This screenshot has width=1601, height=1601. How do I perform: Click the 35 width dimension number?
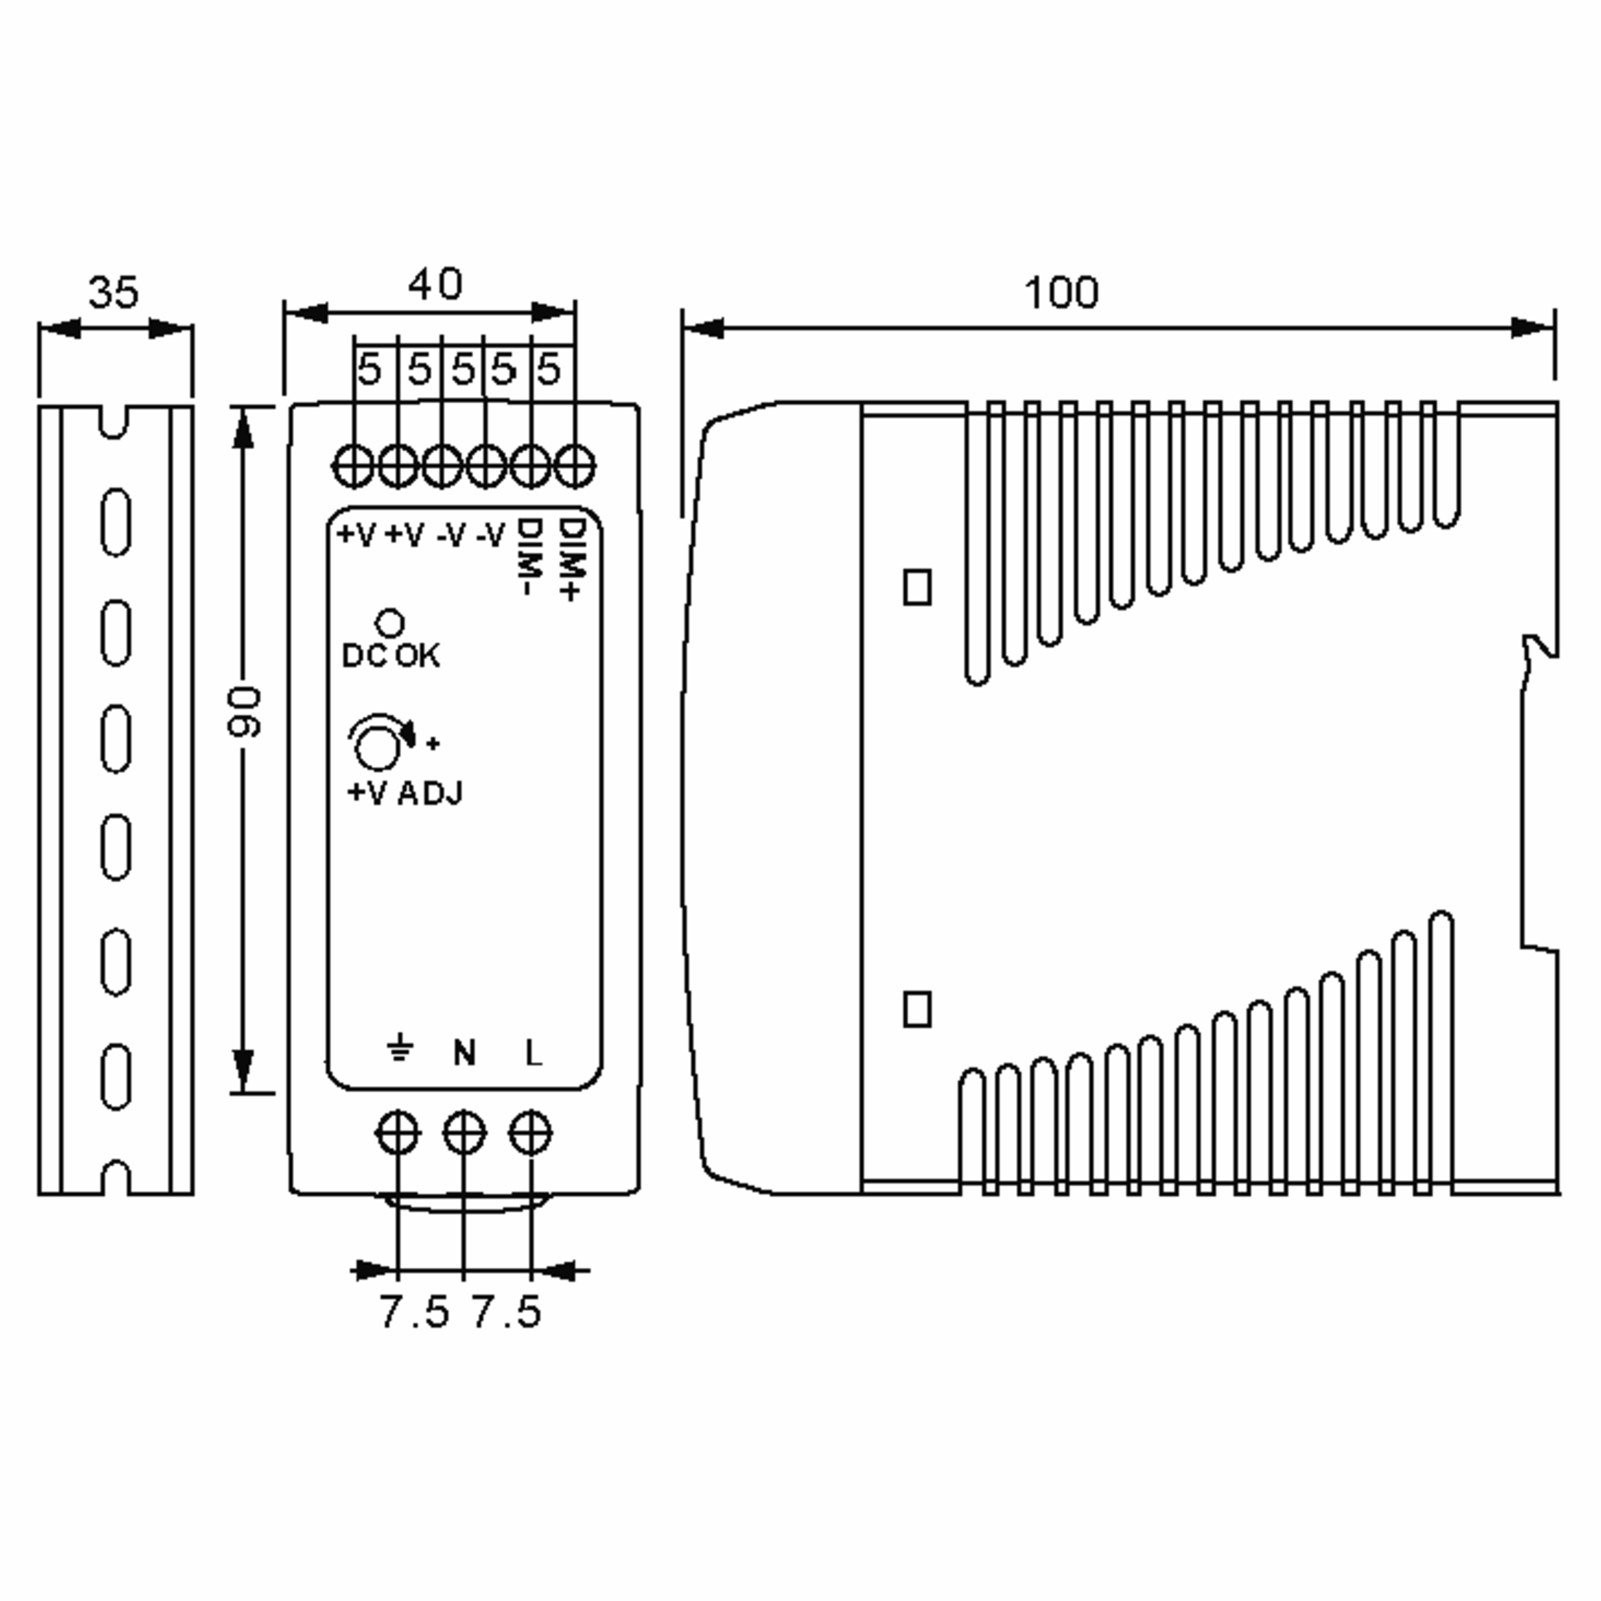click(113, 293)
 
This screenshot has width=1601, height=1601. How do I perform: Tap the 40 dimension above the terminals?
click(435, 284)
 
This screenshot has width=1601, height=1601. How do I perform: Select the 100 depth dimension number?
click(1061, 293)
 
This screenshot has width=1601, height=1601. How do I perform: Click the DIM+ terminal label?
click(572, 560)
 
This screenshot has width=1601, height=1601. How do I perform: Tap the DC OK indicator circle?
click(390, 623)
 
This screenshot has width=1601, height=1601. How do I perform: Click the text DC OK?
click(391, 656)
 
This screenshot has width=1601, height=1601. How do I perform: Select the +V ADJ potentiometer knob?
click(377, 745)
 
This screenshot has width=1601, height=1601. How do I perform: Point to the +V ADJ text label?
click(405, 793)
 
